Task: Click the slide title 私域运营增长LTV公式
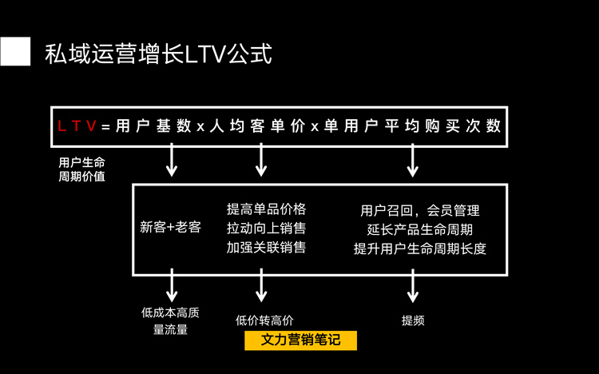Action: click(x=158, y=54)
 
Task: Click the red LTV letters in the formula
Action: click(x=77, y=125)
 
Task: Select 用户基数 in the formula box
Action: click(x=153, y=125)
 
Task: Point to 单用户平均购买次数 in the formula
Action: click(x=412, y=125)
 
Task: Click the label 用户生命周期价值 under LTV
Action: click(x=81, y=169)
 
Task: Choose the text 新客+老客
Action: click(x=170, y=227)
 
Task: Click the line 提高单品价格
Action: click(x=266, y=209)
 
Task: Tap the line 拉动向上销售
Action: click(x=266, y=229)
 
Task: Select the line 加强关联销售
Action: click(x=266, y=247)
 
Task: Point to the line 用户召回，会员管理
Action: click(x=420, y=211)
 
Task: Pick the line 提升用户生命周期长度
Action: click(x=420, y=249)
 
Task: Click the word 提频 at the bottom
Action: click(x=413, y=320)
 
